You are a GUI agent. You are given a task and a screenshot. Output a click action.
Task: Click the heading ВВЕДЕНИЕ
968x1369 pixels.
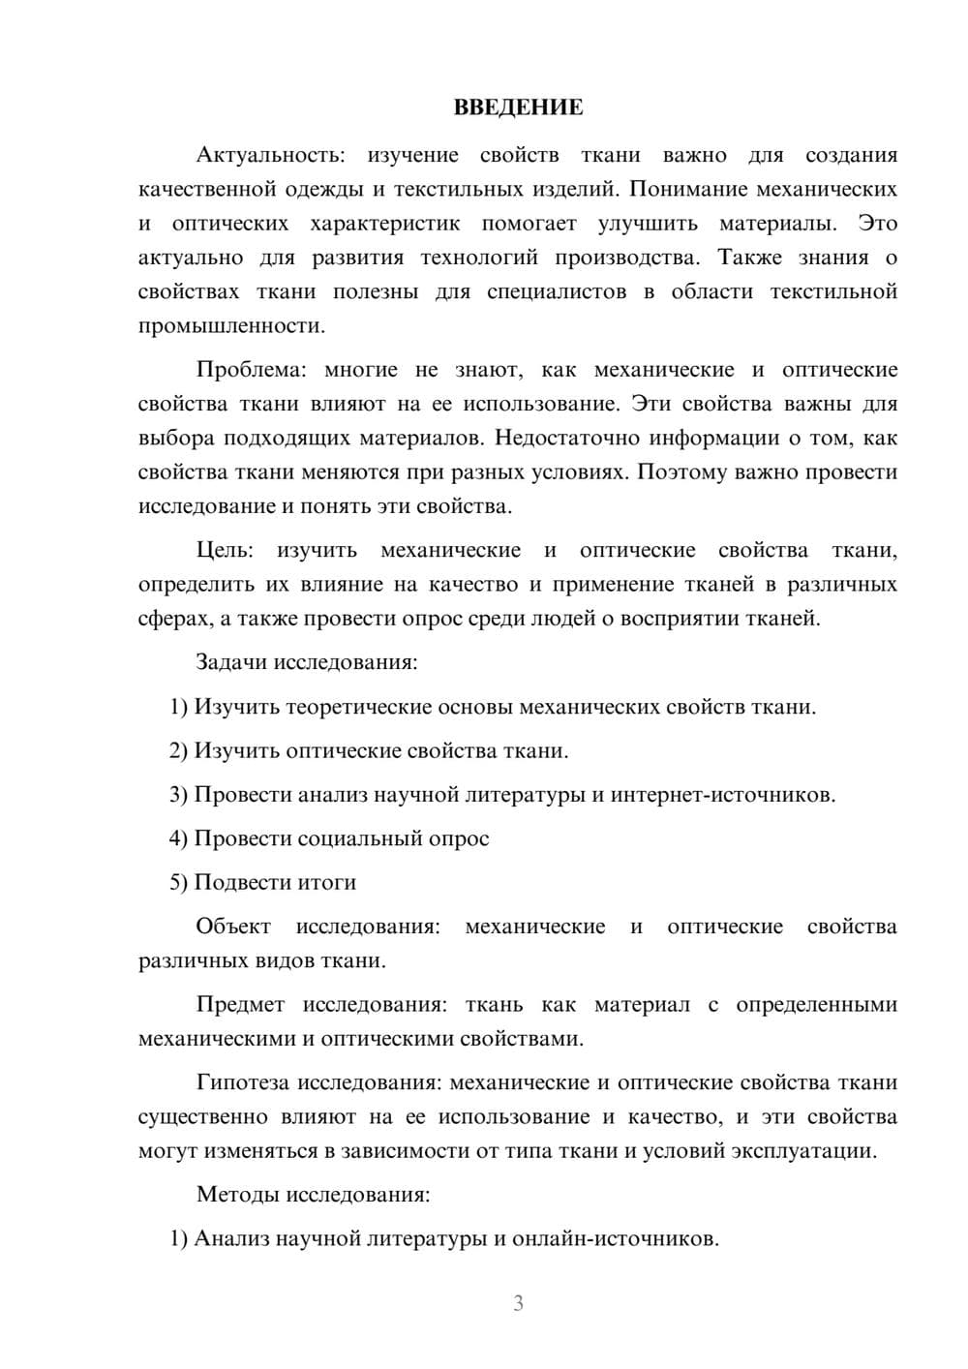(518, 107)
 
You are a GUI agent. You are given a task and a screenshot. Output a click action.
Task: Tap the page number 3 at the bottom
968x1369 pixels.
(518, 1303)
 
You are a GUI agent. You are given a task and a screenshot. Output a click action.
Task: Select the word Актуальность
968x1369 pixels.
(269, 155)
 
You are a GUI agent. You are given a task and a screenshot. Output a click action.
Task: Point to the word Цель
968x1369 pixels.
(225, 551)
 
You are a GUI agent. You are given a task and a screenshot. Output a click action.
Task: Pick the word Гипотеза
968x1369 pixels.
(242, 1082)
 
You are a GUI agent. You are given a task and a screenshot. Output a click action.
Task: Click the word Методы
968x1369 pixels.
(237, 1194)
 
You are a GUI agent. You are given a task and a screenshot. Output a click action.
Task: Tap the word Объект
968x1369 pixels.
(233, 927)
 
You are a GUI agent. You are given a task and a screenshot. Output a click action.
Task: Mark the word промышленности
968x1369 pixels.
(231, 326)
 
